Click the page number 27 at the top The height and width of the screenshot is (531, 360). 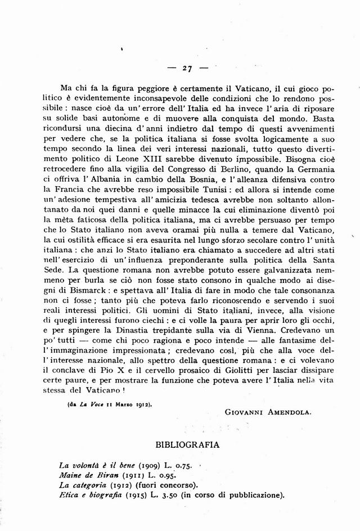(187, 69)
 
